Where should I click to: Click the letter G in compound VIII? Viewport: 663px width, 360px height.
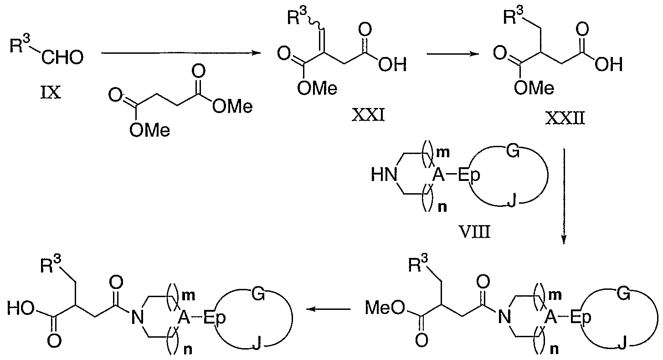point(513,151)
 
